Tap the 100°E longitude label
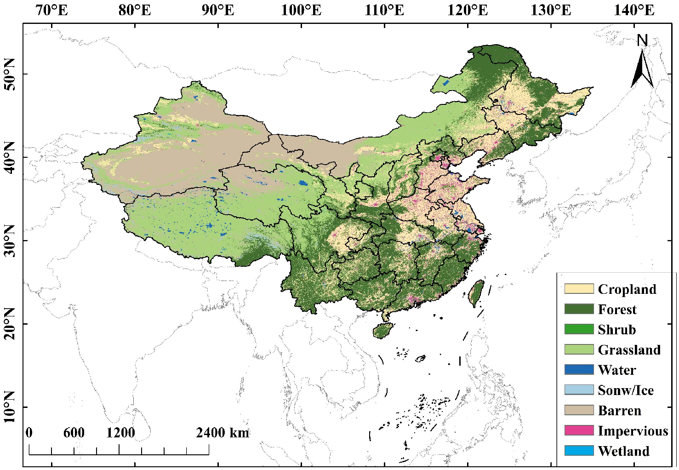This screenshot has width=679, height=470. coord(301,10)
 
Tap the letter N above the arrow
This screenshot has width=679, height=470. coord(642,41)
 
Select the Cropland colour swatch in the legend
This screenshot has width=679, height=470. coord(579,289)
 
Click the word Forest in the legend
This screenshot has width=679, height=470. coord(617,310)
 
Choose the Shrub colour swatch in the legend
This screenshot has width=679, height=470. coord(579,329)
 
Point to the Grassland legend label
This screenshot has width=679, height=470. coord(629,350)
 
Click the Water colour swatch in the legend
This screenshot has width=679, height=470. coord(579,370)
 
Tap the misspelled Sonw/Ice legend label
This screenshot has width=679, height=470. coord(625,390)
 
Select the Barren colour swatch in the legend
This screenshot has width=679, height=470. coord(579,410)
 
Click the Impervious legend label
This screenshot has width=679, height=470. coord(633,431)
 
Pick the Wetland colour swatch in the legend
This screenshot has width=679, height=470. coord(579,451)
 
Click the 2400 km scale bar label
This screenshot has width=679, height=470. coord(223,433)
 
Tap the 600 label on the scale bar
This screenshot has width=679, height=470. coord(74,433)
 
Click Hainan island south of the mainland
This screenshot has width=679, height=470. coord(383,330)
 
